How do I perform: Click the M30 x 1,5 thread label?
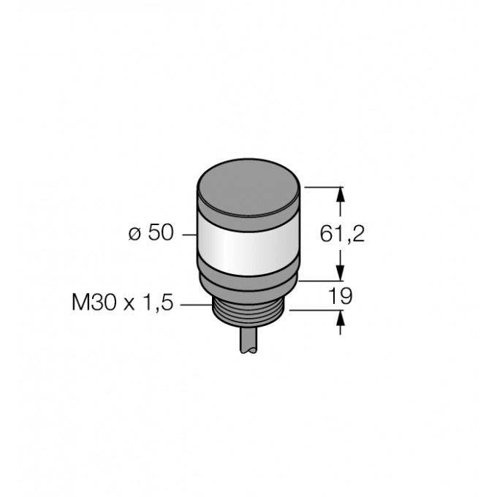point(122,303)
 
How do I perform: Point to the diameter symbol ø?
point(134,235)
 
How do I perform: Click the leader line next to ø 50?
point(189,235)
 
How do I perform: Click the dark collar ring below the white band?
point(248,282)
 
